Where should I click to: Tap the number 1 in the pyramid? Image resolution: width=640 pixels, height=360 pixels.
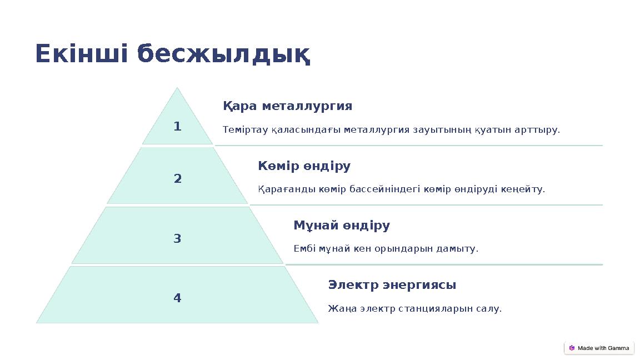[x=177, y=127]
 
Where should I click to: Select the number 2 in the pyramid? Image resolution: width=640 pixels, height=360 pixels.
[x=177, y=179]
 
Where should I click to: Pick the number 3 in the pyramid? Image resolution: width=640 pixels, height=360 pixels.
[x=177, y=239]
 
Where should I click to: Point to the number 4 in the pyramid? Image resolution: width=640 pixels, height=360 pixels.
[x=177, y=298]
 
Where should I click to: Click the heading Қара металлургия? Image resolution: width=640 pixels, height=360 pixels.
[x=287, y=106]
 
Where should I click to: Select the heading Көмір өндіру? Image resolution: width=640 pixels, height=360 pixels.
[x=304, y=166]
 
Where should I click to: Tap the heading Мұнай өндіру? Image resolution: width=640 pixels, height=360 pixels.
[x=341, y=226]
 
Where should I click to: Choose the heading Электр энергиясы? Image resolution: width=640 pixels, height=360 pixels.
[x=392, y=285]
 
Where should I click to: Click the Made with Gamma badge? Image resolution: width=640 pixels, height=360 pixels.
[x=599, y=348]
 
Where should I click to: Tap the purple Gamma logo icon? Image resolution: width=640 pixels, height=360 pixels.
[x=572, y=348]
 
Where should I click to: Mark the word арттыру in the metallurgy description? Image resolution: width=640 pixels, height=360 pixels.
[x=539, y=130]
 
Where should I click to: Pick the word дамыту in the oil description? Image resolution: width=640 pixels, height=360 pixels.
[x=458, y=249]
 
